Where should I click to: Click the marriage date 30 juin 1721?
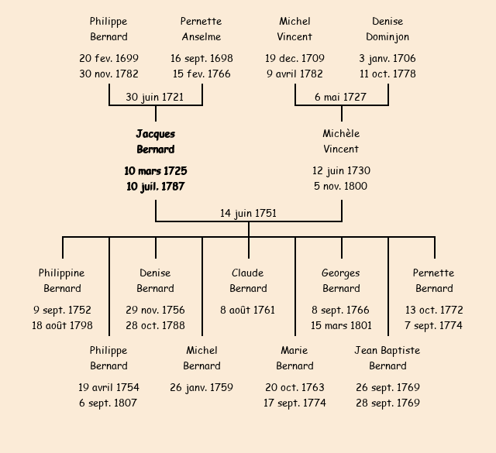[x=155, y=98]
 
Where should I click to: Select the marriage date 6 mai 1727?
[x=341, y=98]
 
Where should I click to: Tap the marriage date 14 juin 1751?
[x=248, y=213]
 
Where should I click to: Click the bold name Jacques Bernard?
[x=155, y=142]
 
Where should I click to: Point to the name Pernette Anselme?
[x=201, y=29]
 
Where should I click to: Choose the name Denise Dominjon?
[x=387, y=29]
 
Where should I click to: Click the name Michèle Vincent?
[x=341, y=142]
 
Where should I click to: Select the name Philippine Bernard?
[x=62, y=280]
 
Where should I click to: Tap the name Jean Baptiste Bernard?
[x=387, y=358]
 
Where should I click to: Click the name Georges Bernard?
[x=341, y=280]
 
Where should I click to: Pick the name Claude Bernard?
[x=248, y=280]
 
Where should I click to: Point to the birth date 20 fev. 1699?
[x=108, y=59]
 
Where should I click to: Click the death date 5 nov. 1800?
[x=341, y=187]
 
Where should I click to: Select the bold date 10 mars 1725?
[x=155, y=171]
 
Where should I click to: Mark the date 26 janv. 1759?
[x=201, y=387]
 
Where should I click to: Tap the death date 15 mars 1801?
[x=341, y=326]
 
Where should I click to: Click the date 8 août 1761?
[x=248, y=311]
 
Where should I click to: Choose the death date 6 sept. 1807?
[x=108, y=403]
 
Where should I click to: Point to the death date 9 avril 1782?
[x=294, y=74]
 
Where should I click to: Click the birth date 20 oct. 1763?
[x=294, y=387]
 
